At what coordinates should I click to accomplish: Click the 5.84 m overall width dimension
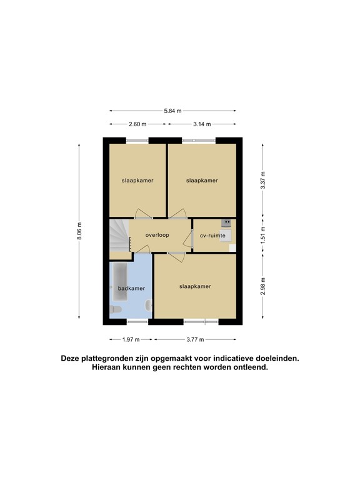point(172,111)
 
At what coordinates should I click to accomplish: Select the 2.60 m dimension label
point(137,124)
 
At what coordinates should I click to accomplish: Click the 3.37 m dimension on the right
point(263,179)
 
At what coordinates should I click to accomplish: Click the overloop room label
point(157,236)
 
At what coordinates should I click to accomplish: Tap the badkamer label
point(131,288)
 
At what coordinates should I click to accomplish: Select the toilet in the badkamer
point(147,306)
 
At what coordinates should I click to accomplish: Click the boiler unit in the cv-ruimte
point(226,222)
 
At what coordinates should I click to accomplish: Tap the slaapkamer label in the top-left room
point(137,180)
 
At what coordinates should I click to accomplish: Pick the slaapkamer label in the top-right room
point(202,180)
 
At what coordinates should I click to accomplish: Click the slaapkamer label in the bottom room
point(195,286)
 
